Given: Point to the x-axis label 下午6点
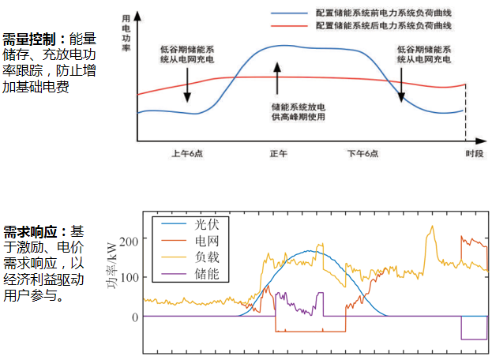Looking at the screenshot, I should (364, 153).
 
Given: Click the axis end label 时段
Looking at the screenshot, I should (474, 153).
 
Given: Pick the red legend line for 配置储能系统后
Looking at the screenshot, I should (289, 26).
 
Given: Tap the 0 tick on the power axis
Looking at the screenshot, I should (133, 317).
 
